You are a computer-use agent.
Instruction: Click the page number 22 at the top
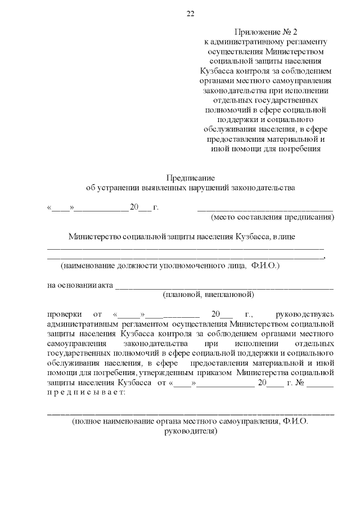(x=190, y=14)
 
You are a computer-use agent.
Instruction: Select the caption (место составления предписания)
(x=272, y=217)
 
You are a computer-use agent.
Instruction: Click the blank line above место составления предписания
(x=265, y=208)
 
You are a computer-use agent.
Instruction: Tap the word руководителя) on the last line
(x=190, y=431)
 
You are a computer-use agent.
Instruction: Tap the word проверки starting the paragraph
(x=63, y=314)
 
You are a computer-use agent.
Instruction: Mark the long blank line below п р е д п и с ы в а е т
(x=190, y=413)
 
